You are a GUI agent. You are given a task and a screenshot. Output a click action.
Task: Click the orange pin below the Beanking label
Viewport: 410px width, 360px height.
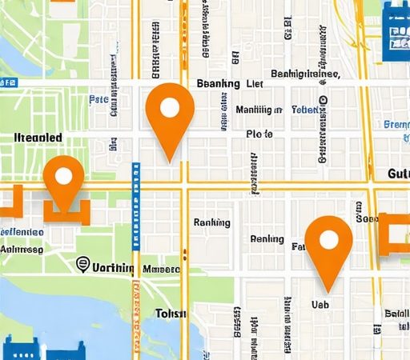pos(170,112)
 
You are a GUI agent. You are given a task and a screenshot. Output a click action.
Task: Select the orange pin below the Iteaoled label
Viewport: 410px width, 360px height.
pos(63,181)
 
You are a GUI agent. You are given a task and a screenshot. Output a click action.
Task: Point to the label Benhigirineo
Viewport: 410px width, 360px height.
pos(306,74)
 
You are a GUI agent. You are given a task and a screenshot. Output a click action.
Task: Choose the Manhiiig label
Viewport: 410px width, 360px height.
pos(259,109)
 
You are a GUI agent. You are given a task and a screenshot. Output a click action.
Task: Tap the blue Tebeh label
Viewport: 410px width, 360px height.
pos(305,109)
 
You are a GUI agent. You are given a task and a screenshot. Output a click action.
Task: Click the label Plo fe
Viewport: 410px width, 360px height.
pos(259,134)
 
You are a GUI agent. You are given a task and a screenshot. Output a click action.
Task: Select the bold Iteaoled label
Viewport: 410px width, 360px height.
pos(38,138)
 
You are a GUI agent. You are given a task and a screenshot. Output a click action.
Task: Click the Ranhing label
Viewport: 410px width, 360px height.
pos(212,222)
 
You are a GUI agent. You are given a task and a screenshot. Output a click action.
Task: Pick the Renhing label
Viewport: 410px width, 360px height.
pos(267,238)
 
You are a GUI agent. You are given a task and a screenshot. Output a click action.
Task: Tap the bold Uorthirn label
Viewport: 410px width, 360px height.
pos(113,268)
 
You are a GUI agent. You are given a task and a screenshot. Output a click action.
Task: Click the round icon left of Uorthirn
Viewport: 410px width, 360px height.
pos(82,265)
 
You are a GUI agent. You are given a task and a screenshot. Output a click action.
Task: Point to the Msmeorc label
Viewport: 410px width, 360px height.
pos(160,270)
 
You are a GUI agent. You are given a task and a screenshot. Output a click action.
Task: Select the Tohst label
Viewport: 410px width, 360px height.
pos(170,313)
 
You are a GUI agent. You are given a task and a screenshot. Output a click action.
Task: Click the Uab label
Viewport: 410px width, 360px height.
pos(320,304)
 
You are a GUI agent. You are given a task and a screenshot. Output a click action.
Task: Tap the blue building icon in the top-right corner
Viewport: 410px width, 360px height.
pos(396,30)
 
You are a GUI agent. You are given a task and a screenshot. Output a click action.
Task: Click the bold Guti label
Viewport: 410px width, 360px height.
pos(397,174)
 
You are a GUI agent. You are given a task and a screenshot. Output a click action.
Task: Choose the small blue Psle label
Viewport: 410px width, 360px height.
pos(98,100)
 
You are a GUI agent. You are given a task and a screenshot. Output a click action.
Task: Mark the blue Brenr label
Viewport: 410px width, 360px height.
pos(396,125)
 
